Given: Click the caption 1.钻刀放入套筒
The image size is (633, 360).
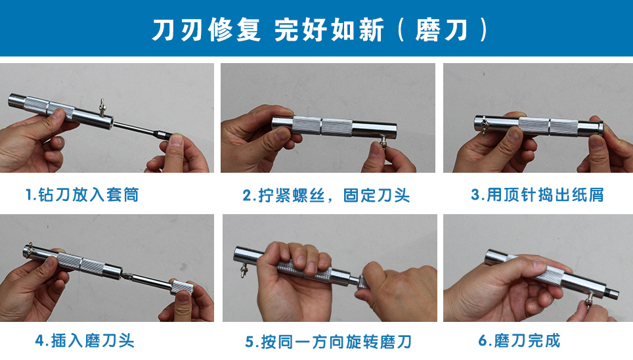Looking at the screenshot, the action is (82, 194).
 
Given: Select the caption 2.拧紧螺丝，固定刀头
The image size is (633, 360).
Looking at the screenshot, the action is (326, 196).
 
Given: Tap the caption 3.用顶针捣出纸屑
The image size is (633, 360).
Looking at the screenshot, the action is (537, 194).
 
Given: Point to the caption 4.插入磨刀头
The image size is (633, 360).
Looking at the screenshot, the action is (84, 340).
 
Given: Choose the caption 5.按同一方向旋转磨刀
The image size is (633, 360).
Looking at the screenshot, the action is (328, 342).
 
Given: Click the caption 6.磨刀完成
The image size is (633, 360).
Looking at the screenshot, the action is (519, 340).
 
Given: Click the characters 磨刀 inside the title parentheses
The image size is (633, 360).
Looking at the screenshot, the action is (442, 30).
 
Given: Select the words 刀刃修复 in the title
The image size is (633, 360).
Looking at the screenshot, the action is (206, 30).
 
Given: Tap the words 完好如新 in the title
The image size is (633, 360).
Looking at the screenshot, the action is (329, 30).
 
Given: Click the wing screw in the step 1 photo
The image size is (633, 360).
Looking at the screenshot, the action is (102, 107).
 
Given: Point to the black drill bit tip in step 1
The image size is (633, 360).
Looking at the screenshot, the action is (163, 134).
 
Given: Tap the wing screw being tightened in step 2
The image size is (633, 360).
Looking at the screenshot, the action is (383, 142).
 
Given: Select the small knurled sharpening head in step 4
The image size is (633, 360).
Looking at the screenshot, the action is (181, 288).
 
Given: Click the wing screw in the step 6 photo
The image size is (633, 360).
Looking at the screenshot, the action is (588, 301).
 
